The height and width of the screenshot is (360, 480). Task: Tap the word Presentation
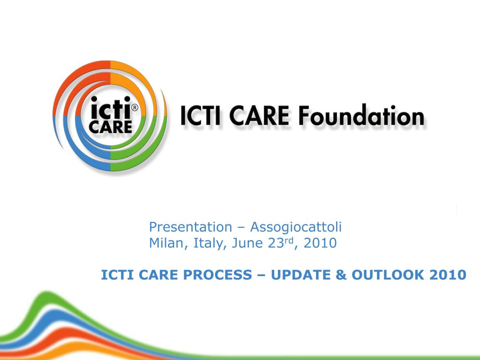pyautogui.click(x=190, y=227)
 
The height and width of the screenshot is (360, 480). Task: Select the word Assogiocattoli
pyautogui.click(x=296, y=227)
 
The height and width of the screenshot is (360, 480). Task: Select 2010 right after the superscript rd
pyautogui.click(x=320, y=243)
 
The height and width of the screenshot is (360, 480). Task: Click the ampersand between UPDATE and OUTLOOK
pyautogui.click(x=340, y=275)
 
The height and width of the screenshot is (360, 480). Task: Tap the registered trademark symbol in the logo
pyautogui.click(x=135, y=108)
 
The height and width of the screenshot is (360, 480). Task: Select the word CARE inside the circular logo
pyautogui.click(x=111, y=127)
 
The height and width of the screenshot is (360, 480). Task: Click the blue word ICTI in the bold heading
pyautogui.click(x=115, y=275)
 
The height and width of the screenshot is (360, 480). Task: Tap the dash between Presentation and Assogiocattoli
pyautogui.click(x=241, y=228)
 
